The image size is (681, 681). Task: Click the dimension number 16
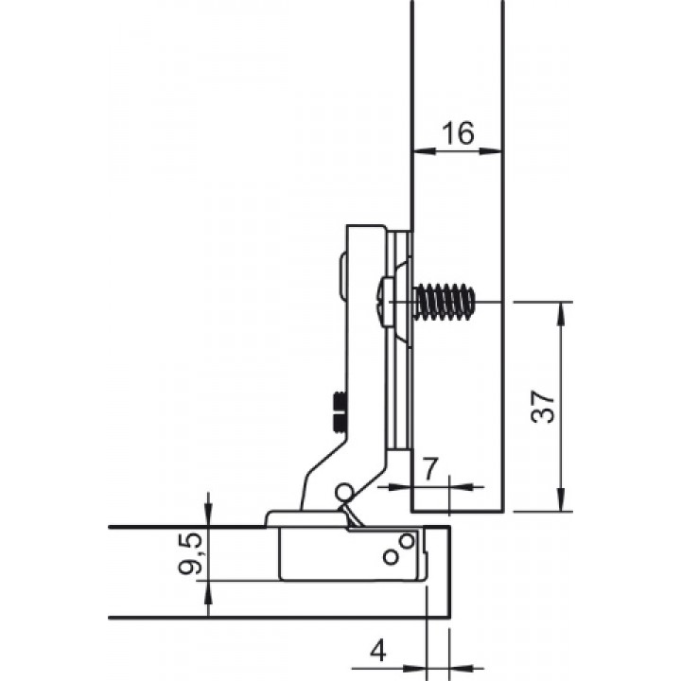tap(458, 133)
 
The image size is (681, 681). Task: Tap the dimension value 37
tap(543, 407)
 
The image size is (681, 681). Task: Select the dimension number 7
tap(430, 469)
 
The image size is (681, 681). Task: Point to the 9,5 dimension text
tap(191, 553)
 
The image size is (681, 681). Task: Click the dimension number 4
tap(378, 652)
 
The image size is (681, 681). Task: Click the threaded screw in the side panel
tap(444, 302)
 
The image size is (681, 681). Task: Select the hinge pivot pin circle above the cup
tap(343, 491)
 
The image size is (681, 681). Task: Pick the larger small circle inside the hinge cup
tap(407, 541)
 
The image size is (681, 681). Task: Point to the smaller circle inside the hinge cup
tap(391, 557)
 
